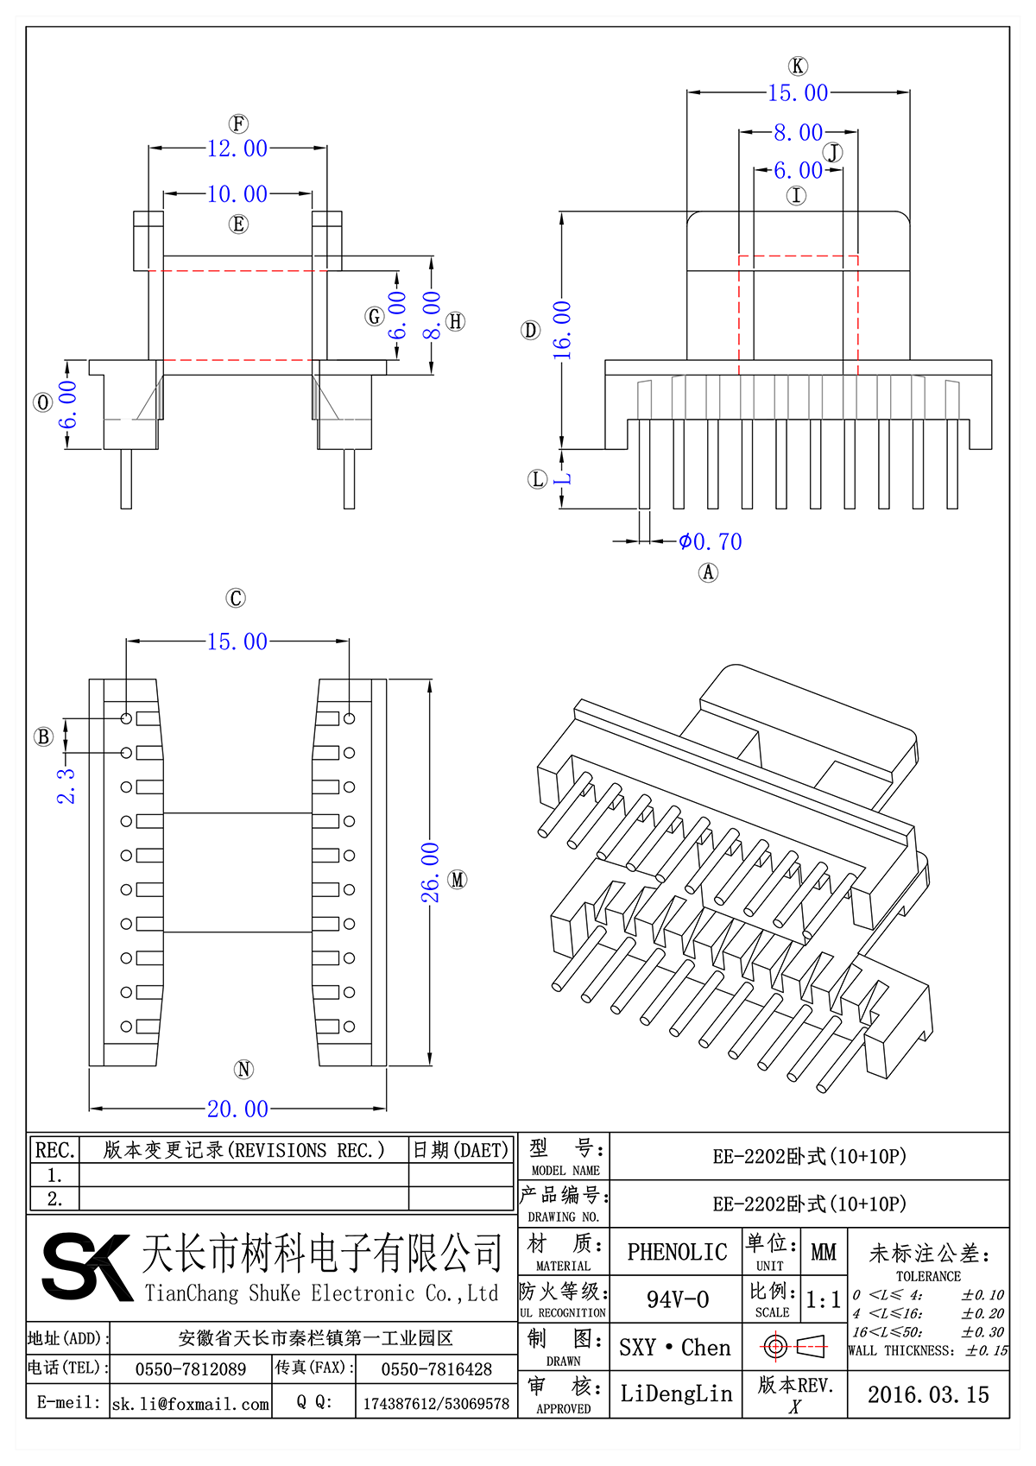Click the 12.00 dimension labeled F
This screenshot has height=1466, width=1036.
(237, 148)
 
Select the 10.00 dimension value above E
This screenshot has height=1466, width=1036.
(237, 194)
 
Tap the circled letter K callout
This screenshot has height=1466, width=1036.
(798, 66)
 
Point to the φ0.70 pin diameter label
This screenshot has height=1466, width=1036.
(710, 542)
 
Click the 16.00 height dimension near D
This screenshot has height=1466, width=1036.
(562, 330)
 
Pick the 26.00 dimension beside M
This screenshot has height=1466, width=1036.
(430, 873)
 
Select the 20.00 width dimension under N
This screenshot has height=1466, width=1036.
(237, 1109)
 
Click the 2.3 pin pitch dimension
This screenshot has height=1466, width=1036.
(66, 786)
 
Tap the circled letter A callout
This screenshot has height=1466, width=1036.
(708, 572)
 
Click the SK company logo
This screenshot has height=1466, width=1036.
(86, 1267)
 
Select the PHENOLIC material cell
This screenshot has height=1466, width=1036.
(677, 1252)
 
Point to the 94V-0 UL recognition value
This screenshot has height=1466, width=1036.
(678, 1299)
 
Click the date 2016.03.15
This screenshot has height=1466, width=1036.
(928, 1394)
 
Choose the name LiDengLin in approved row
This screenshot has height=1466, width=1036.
(676, 1393)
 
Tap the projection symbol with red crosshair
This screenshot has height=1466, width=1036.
(794, 1346)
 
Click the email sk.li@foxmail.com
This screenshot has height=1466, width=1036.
(191, 1404)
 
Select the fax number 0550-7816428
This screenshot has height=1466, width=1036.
(436, 1369)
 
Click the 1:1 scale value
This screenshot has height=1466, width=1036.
(823, 1299)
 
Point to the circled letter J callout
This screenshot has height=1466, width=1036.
(833, 154)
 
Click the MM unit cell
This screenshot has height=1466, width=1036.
(823, 1252)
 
